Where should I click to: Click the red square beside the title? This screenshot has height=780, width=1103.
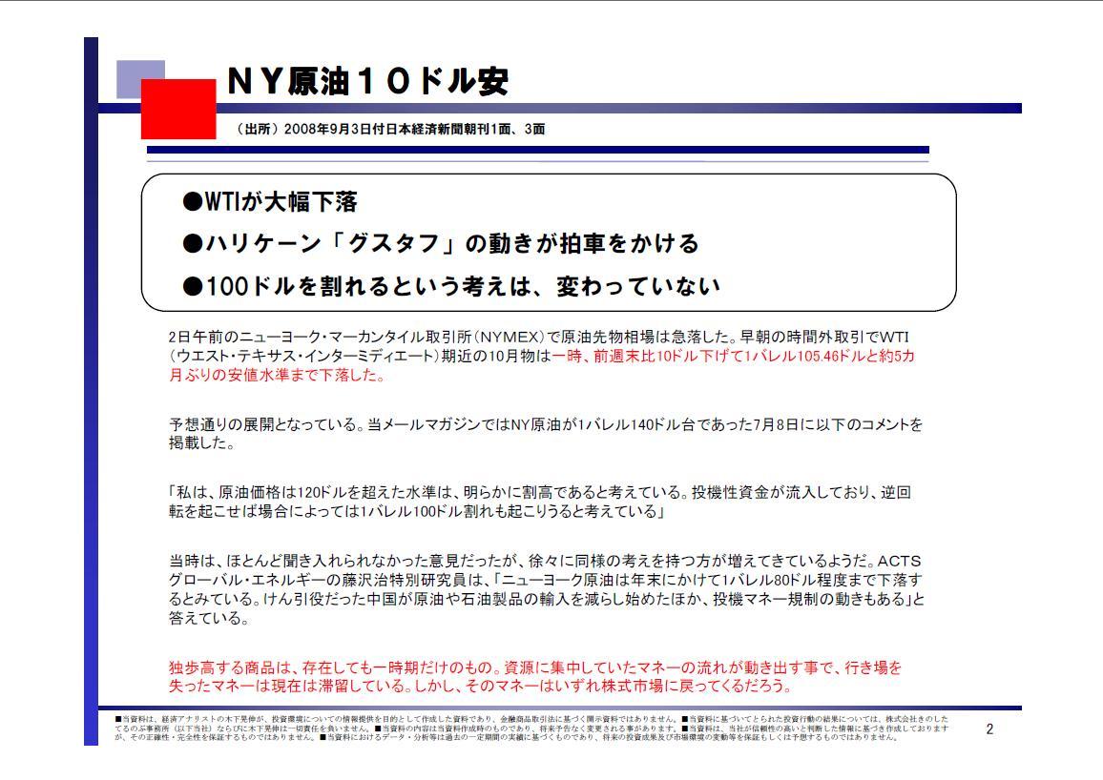coord(178,109)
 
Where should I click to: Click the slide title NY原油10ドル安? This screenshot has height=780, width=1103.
coord(367,82)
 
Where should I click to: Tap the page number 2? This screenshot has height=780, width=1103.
coord(989,729)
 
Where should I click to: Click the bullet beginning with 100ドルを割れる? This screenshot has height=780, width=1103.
coord(450,285)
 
